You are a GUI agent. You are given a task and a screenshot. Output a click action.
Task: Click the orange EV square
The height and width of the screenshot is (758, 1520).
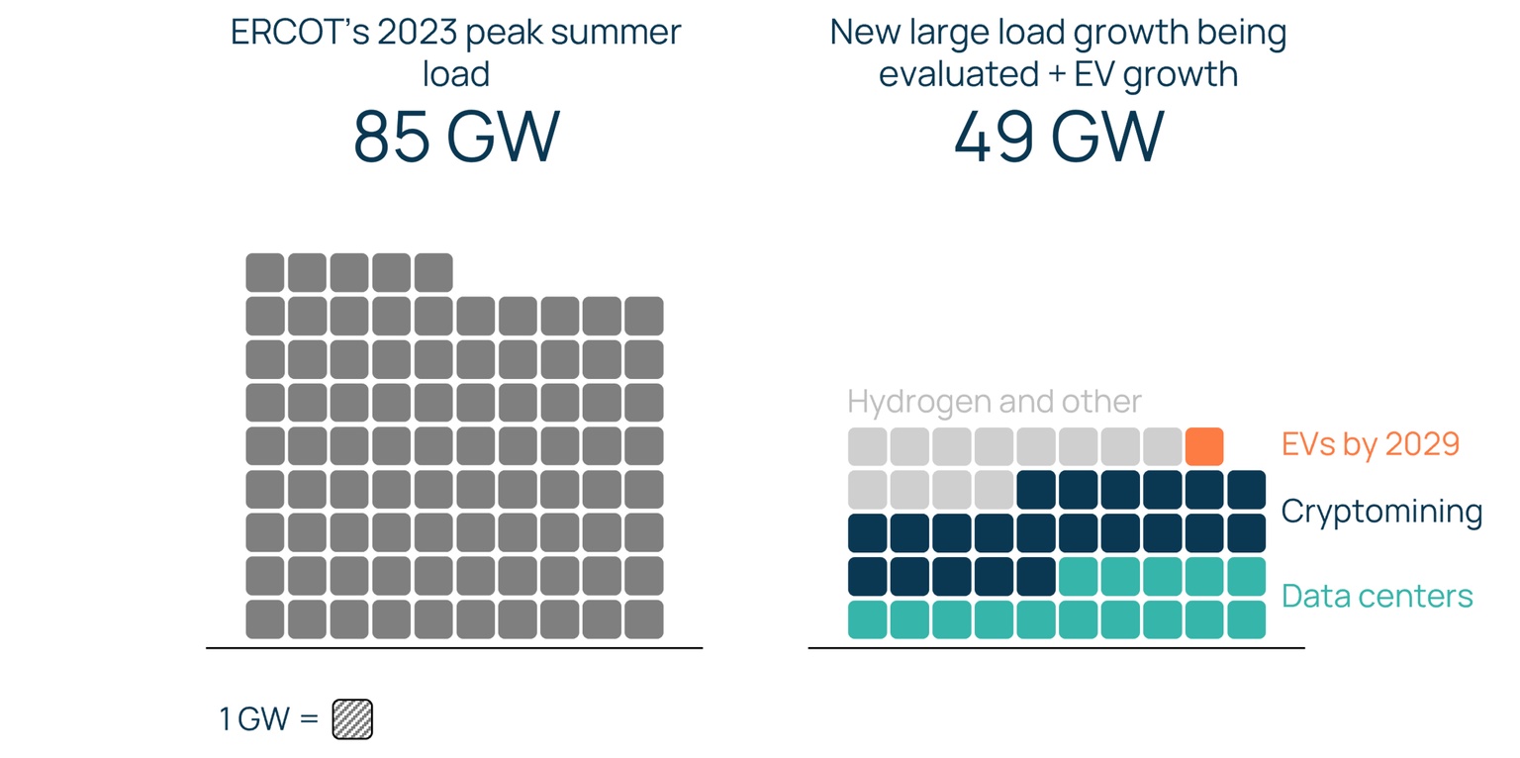tap(1203, 446)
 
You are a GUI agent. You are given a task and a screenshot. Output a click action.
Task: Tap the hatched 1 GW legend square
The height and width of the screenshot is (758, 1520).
tap(351, 719)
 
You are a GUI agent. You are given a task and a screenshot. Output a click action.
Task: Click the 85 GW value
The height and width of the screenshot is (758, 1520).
tap(456, 137)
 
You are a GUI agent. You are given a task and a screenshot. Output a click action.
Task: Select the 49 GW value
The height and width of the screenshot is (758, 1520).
tap(1058, 137)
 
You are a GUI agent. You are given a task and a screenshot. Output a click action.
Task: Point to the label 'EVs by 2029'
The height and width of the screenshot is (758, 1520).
tap(1370, 444)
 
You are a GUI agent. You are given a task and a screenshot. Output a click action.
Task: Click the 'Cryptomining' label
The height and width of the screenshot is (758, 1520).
tap(1380, 512)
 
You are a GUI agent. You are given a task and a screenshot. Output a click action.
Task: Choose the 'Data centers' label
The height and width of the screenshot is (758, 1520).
tap(1377, 596)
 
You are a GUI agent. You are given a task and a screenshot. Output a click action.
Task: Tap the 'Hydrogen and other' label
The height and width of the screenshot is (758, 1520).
tap(994, 401)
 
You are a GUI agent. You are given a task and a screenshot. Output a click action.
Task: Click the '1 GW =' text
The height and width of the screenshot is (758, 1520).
tap(268, 719)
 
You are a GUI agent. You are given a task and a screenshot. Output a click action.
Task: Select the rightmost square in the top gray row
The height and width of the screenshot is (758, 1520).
tap(433, 272)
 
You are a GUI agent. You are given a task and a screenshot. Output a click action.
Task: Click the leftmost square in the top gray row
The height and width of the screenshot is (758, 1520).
tap(264, 272)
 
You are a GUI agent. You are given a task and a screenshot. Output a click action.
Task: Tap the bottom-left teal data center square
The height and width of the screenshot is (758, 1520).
tap(867, 619)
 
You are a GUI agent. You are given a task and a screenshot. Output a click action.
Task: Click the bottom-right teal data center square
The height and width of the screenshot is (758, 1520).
tap(1246, 619)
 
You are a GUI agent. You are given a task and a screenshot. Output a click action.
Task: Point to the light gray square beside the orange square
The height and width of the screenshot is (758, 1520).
tap(1162, 446)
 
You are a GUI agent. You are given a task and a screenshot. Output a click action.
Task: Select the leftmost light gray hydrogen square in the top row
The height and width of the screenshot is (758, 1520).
tap(867, 446)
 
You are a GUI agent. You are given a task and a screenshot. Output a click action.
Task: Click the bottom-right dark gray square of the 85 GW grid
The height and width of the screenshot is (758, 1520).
tap(644, 619)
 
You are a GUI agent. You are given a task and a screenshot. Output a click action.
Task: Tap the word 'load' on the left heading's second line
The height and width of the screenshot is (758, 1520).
tap(456, 74)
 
